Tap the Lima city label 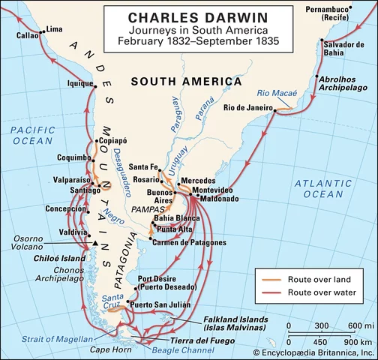click(x=55, y=29)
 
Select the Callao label click(x=27, y=35)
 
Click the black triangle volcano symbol click(x=96, y=244)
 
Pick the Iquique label click(x=79, y=83)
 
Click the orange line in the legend click(x=271, y=279)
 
